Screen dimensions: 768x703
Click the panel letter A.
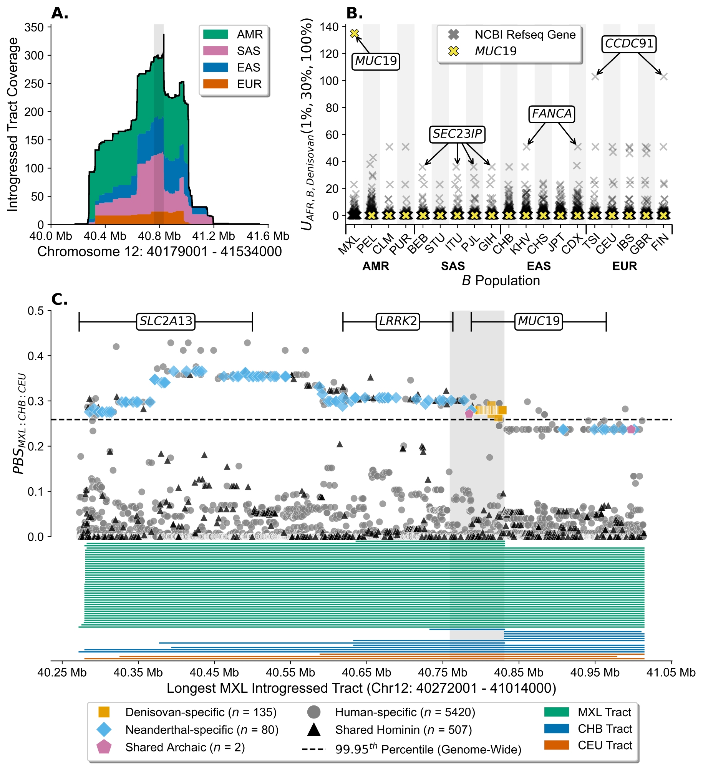[x=60, y=13]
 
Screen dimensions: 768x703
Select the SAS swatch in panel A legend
[x=216, y=51]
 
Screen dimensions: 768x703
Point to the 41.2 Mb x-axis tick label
[x=214, y=236]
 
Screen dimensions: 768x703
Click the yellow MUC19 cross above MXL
[x=354, y=33]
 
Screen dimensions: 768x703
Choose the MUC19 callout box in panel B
[x=376, y=61]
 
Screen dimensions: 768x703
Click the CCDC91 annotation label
[x=629, y=44]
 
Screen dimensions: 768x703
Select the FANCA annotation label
[x=552, y=114]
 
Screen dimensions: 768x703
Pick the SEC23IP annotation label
[x=457, y=134]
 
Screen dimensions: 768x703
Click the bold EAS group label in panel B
[x=539, y=266]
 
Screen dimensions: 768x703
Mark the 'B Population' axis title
[x=501, y=281]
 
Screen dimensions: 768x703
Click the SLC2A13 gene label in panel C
[x=166, y=321]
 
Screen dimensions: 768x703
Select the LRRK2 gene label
[x=398, y=321]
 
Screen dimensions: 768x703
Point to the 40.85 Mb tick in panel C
[x=519, y=673]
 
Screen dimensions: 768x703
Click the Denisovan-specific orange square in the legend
[x=104, y=712]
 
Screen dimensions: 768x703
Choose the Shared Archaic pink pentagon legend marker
[x=104, y=747]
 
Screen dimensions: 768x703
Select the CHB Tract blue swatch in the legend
[x=556, y=729]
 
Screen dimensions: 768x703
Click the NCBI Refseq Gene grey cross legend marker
[x=454, y=35]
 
